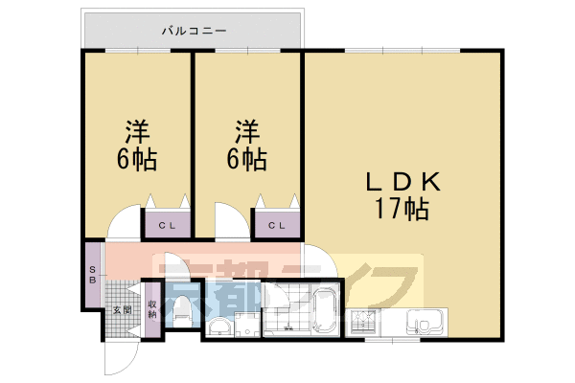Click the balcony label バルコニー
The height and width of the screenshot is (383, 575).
click(x=194, y=31)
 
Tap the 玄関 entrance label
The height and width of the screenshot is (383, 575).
click(x=120, y=309)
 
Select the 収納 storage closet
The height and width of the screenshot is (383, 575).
click(x=151, y=308)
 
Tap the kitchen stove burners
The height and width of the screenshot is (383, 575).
click(x=365, y=323)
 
